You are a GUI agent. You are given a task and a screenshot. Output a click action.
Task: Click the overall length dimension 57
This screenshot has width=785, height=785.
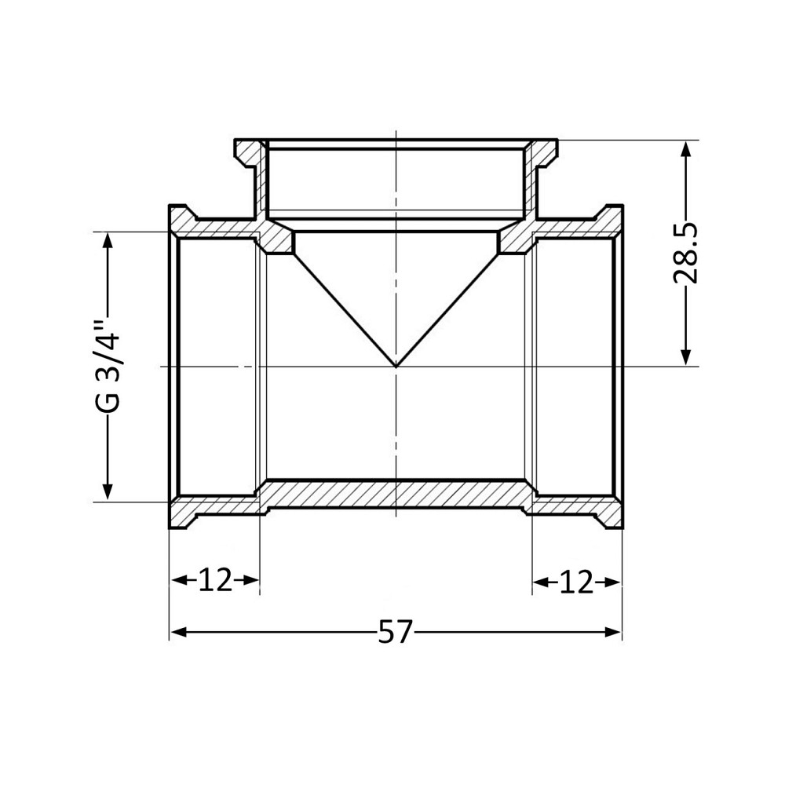click(395, 632)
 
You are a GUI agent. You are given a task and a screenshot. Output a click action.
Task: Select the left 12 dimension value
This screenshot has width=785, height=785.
click(214, 581)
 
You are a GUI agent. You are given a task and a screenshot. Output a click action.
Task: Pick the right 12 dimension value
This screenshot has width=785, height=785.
click(576, 582)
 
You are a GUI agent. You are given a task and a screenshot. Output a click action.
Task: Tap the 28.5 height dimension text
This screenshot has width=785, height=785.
click(687, 252)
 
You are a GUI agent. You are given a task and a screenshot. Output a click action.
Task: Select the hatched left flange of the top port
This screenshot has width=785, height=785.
click(249, 151)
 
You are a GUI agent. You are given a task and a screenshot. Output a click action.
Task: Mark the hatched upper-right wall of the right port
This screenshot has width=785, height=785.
click(577, 227)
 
